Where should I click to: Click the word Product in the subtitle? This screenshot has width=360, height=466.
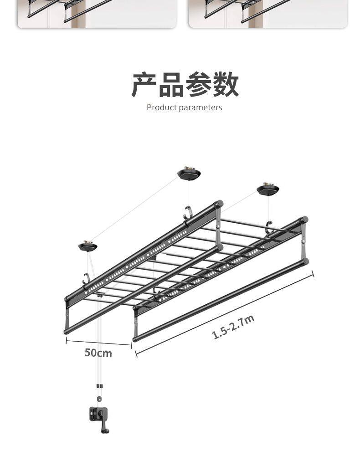(x=161, y=108)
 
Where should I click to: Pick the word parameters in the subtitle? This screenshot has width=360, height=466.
(x=201, y=108)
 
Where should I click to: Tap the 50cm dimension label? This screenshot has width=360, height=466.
(x=98, y=353)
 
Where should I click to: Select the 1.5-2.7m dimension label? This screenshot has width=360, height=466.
(x=233, y=327)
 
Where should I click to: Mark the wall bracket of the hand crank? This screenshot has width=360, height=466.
(x=96, y=415)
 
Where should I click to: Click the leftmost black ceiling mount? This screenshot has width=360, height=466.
(x=87, y=246)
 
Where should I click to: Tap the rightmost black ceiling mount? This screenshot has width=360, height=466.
(x=268, y=189)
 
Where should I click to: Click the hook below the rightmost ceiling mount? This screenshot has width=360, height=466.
(x=269, y=226)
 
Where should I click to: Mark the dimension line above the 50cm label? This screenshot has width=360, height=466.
(x=98, y=342)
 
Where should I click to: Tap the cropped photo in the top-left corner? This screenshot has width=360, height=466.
(x=97, y=14)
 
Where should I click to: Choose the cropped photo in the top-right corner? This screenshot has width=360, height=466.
(x=268, y=14)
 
